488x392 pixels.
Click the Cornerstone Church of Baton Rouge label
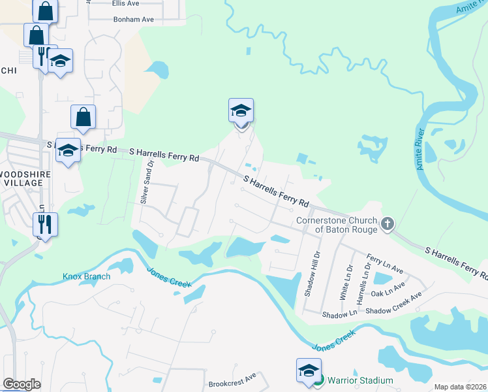(337, 224)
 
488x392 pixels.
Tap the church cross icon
(388, 224)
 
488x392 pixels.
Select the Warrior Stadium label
(360, 380)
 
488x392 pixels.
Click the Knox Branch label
(86, 276)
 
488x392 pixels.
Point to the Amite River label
(420, 151)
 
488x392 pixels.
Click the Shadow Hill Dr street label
(317, 273)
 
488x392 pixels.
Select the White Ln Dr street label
(344, 282)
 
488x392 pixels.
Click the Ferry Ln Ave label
(385, 265)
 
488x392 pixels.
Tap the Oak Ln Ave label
(387, 293)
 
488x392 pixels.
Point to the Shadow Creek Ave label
(393, 312)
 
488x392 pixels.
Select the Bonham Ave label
(133, 20)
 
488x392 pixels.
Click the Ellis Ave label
(125, 3)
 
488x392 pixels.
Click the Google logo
(22, 384)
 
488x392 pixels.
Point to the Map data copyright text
(460, 387)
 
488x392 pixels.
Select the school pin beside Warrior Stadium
(309, 370)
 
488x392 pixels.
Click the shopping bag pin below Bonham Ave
(84, 117)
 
